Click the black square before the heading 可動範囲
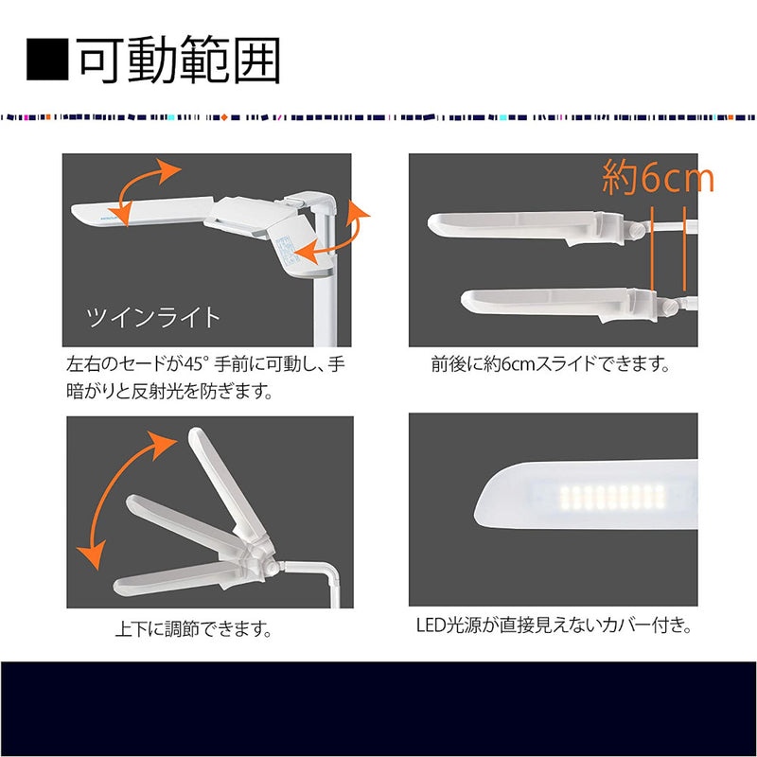pyautogui.click(x=47, y=60)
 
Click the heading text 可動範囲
pyautogui.click(x=179, y=60)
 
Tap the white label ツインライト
pyautogui.click(x=153, y=318)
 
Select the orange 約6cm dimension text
pyautogui.click(x=658, y=177)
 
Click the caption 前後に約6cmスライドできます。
pyautogui.click(x=551, y=363)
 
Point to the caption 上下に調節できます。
pyautogui.click(x=194, y=628)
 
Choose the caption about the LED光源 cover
pyautogui.click(x=555, y=625)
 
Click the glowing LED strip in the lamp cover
pyautogui.click(x=613, y=498)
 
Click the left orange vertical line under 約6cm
pyautogui.click(x=652, y=249)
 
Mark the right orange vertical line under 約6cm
pyautogui.click(x=684, y=249)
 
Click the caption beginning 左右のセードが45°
pyautogui.click(x=205, y=377)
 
